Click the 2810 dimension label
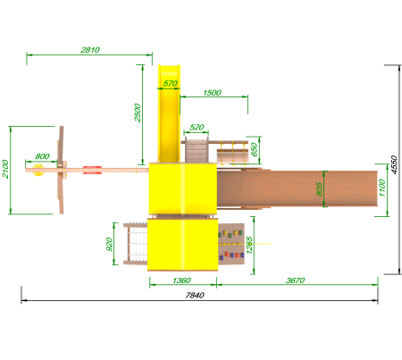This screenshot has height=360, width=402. click(90, 50)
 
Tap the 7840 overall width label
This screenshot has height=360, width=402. click(195, 295)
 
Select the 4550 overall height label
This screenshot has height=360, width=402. click(394, 164)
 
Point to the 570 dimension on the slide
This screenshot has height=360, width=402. click(171, 83)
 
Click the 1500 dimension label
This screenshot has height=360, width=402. click(212, 93)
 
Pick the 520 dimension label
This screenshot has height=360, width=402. click(197, 127)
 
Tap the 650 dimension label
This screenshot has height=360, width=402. click(254, 149)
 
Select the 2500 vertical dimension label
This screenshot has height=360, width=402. click(138, 113)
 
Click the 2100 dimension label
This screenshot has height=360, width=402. click(5, 169)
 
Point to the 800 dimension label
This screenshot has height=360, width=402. click(42, 156)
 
